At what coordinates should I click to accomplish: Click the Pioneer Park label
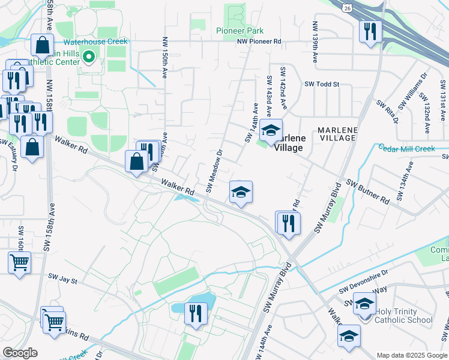tap(240, 30)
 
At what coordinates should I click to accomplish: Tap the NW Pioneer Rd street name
tap(259, 41)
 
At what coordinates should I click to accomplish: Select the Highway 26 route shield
tap(348, 7)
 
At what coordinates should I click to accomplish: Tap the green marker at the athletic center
tap(89, 58)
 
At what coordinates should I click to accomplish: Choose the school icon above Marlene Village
tap(271, 130)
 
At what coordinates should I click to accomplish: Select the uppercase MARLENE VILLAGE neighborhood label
tap(337, 134)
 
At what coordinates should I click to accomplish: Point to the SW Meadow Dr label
tap(214, 172)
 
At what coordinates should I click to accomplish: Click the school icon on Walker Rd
tap(241, 192)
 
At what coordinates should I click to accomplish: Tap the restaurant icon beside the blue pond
tap(196, 314)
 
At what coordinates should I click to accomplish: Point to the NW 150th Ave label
tap(164, 58)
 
